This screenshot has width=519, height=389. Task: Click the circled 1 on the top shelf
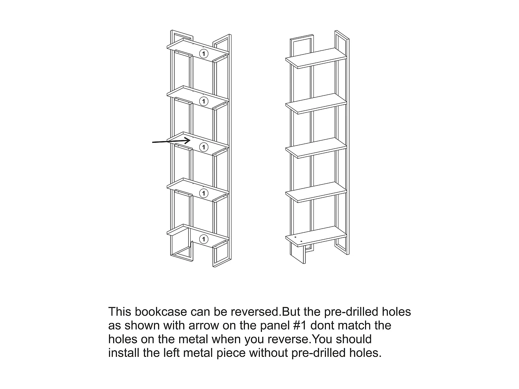(x=204, y=54)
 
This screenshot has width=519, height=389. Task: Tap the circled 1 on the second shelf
(x=204, y=101)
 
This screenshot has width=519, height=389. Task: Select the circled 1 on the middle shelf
(x=204, y=147)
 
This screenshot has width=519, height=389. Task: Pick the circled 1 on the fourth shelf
(x=204, y=193)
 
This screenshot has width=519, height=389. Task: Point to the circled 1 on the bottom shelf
(x=204, y=239)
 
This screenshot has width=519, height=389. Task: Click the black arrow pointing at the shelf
(x=171, y=141)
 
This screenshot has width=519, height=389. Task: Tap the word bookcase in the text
(x=161, y=312)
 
